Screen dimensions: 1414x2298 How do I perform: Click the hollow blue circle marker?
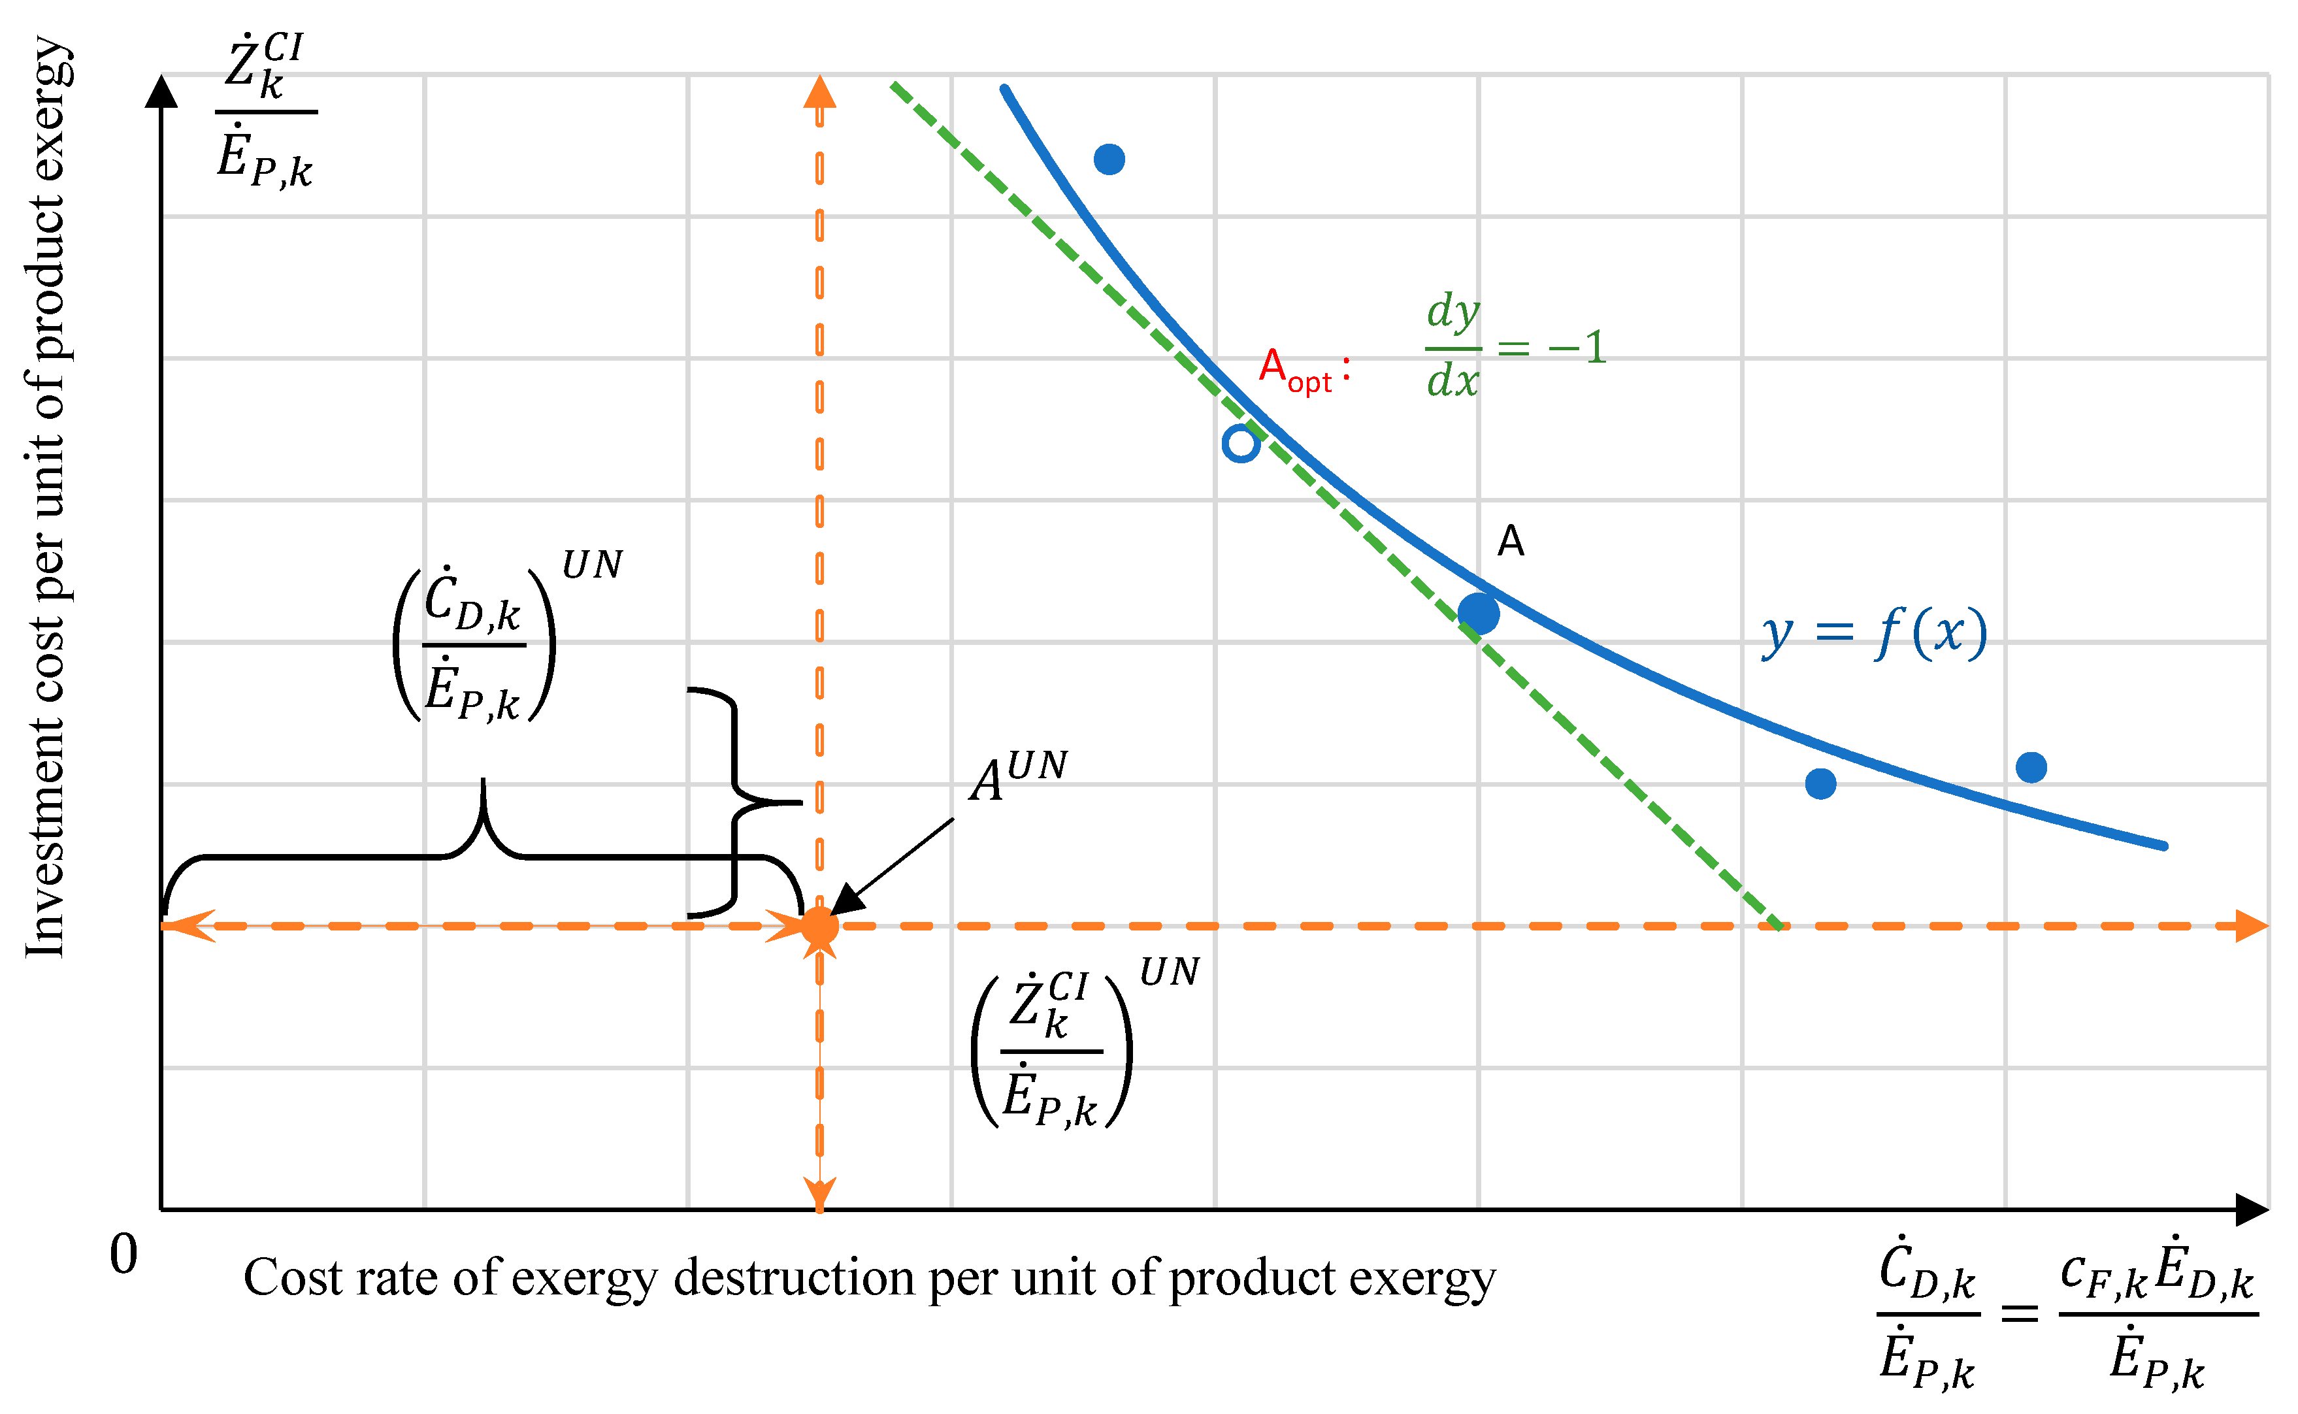click(x=1241, y=444)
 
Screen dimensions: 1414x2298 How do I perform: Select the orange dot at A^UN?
click(x=820, y=926)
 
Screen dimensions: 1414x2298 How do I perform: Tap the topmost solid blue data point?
click(x=1109, y=159)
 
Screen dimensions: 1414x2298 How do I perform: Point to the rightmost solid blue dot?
click(x=2031, y=768)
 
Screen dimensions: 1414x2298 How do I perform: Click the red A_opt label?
click(x=1302, y=369)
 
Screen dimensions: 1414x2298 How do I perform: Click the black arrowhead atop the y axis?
click(x=162, y=91)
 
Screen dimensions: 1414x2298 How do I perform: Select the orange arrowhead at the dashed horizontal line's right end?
click(x=2251, y=926)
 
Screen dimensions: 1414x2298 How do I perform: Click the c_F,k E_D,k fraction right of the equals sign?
click(x=2158, y=1315)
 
